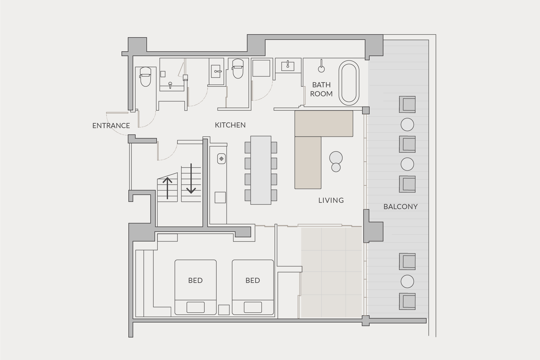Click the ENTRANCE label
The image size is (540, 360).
click(x=111, y=126)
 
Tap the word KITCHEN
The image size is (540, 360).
click(x=230, y=125)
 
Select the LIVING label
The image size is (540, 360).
click(x=331, y=200)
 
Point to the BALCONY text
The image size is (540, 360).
click(x=400, y=207)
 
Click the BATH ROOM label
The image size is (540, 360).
click(x=321, y=89)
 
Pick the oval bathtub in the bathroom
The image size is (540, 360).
click(x=349, y=83)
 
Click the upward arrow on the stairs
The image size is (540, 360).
click(x=167, y=188)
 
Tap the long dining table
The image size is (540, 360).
click(x=261, y=170)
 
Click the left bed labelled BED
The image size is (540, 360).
click(x=196, y=287)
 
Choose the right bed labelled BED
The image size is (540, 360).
click(x=253, y=287)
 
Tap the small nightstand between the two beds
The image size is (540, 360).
click(x=224, y=310)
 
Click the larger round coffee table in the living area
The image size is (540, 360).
click(x=336, y=157)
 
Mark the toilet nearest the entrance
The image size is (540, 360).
click(x=145, y=76)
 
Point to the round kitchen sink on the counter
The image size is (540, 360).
click(x=222, y=159)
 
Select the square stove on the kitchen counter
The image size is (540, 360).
click(x=220, y=198)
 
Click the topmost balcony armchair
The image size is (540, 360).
click(x=407, y=104)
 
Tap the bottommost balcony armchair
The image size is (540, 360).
click(x=407, y=301)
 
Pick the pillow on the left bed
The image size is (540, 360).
click(x=196, y=307)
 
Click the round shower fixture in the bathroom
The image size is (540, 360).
click(x=321, y=69)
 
